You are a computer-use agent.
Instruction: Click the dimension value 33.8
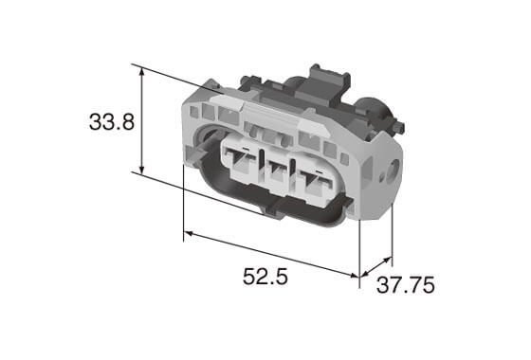(111, 122)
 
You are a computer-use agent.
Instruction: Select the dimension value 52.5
(266, 278)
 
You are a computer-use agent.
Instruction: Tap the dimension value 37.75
(412, 285)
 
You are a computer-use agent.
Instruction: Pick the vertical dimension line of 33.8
(142, 120)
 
